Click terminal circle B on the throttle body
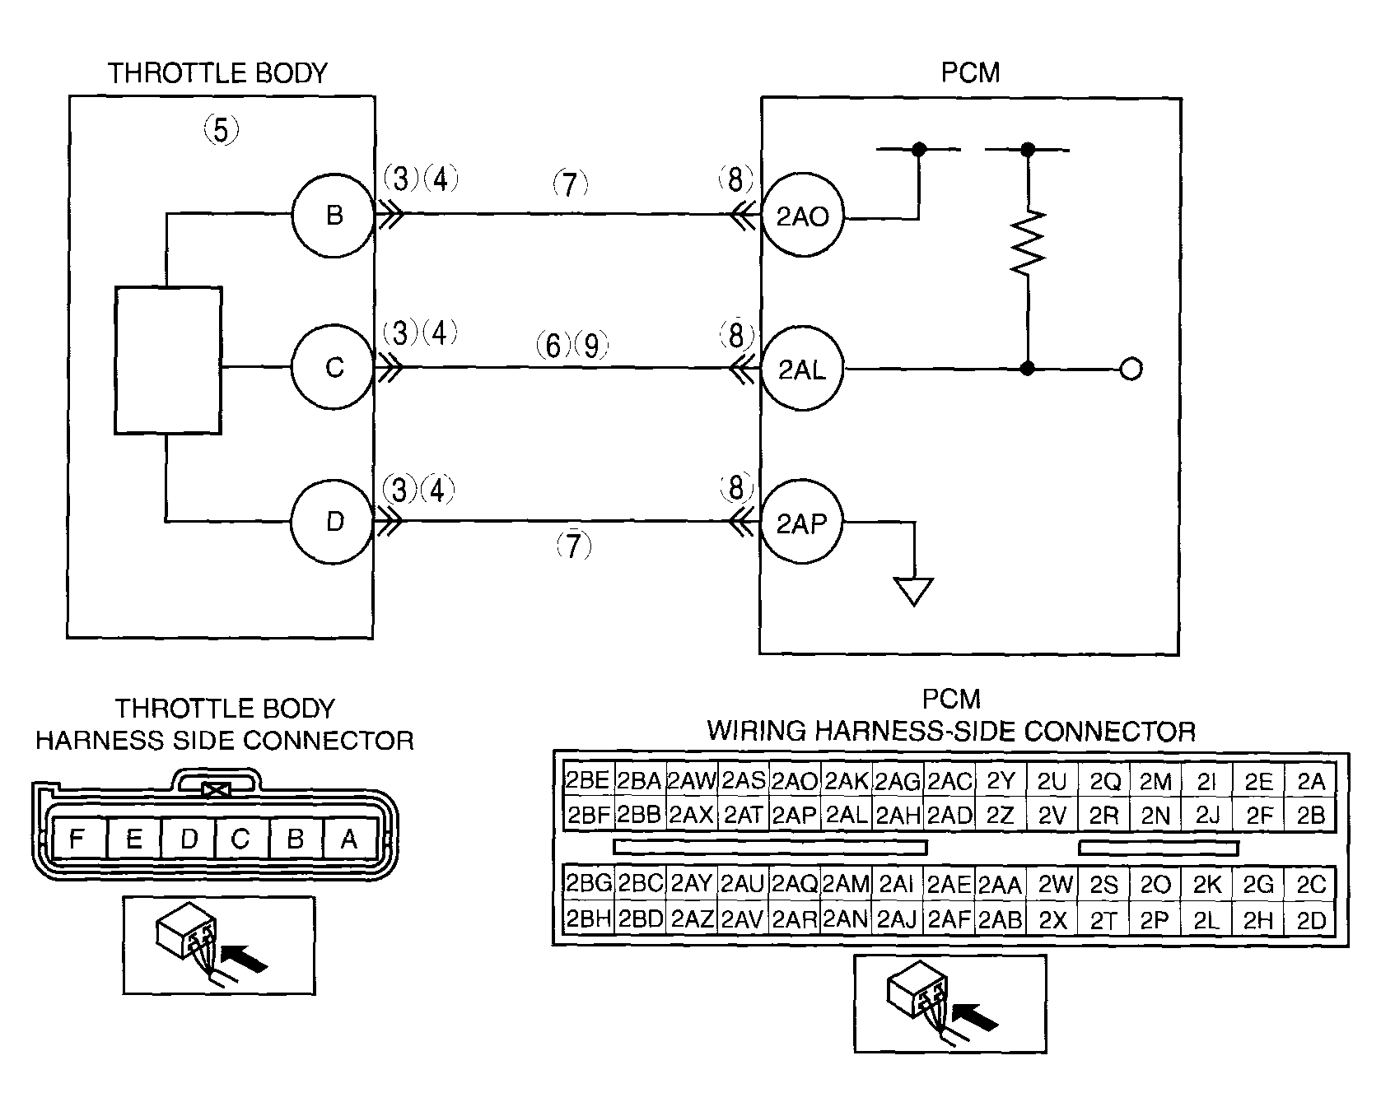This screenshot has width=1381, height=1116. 334,215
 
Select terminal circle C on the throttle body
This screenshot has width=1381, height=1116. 334,367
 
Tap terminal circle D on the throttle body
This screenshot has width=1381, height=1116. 334,522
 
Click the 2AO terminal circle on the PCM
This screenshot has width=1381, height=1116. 803,217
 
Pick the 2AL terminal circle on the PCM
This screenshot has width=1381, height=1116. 803,370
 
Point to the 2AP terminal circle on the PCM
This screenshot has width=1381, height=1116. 803,523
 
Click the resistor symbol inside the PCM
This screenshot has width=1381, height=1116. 1028,243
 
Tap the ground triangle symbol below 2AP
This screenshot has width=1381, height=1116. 914,592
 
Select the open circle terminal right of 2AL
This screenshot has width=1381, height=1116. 1131,370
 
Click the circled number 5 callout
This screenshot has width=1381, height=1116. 221,130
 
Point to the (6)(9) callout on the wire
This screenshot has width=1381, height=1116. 572,345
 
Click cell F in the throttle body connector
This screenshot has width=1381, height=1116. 77,839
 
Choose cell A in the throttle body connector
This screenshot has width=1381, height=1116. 350,839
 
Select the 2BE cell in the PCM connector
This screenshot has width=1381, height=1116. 587,780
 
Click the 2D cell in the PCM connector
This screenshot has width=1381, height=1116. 1311,920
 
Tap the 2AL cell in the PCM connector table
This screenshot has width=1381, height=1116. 846,815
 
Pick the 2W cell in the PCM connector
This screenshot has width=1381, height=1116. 1052,886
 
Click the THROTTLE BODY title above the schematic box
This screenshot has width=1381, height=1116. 218,73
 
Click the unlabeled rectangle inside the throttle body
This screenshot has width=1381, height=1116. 168,360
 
